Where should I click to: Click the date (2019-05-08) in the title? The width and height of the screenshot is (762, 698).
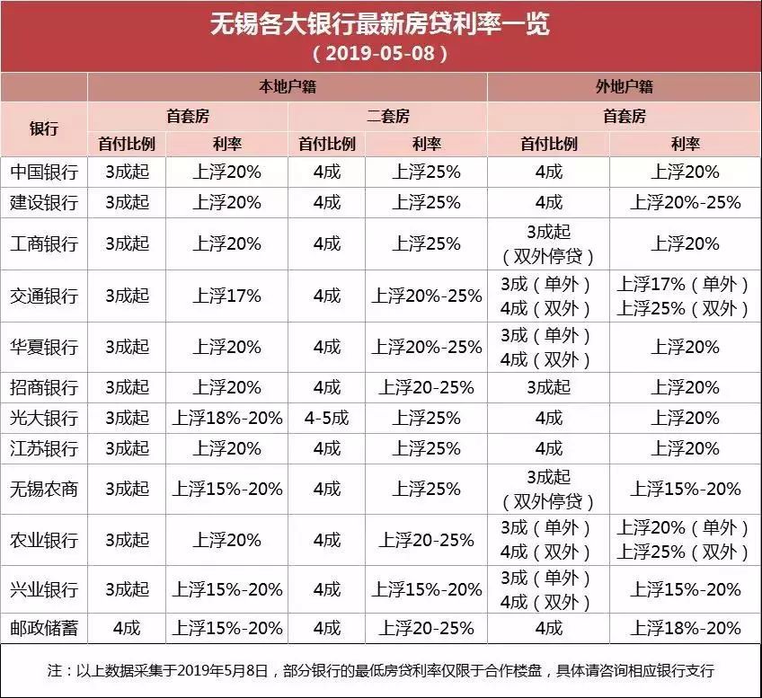pos(380,53)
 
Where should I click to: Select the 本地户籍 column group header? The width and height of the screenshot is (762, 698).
pos(288,87)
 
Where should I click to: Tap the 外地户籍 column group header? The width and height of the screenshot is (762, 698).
pos(624,87)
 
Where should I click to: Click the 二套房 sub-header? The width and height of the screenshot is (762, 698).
pos(387,116)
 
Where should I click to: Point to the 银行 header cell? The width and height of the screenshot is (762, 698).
pos(44,128)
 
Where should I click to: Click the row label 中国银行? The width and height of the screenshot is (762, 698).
pos(44,172)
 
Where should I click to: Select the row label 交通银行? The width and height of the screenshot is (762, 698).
pos(44,296)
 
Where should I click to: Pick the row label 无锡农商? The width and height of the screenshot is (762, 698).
pos(44,489)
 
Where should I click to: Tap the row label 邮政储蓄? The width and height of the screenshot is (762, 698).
pos(44,628)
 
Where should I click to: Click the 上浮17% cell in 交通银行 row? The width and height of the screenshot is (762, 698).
pos(226,296)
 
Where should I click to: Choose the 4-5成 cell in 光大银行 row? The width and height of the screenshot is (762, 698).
pos(326,418)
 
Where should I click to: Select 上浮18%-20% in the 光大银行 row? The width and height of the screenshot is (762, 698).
pos(227,418)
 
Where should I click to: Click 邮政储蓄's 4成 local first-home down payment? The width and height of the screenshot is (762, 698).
pos(127,628)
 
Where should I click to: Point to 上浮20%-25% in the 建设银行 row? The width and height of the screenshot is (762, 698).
pos(686,202)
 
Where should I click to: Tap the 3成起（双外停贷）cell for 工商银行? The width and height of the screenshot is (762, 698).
pos(548,243)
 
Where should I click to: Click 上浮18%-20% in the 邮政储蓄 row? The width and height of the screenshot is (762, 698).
pos(686,628)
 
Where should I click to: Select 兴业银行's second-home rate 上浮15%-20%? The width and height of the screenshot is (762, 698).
pos(426,589)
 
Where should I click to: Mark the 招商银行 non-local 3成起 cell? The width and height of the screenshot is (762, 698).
pos(548,387)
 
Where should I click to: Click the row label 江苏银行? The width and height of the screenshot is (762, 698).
pos(44,448)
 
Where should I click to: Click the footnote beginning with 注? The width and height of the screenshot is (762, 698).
pos(380,671)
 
